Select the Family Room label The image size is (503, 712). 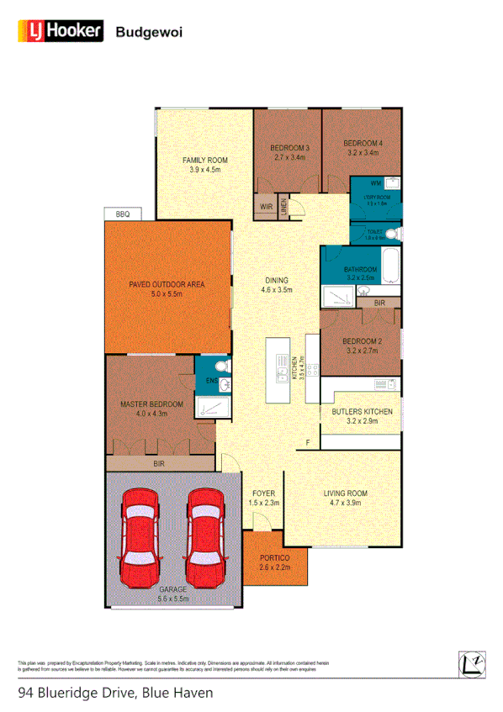205,160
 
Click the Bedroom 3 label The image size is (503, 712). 290,149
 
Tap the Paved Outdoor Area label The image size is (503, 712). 167,283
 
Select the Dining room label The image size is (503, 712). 277,281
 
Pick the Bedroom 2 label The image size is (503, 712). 363,341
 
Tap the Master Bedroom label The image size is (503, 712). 146,404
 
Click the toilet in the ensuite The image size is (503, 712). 220,367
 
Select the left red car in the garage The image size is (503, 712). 140,536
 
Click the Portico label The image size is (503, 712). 273,558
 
